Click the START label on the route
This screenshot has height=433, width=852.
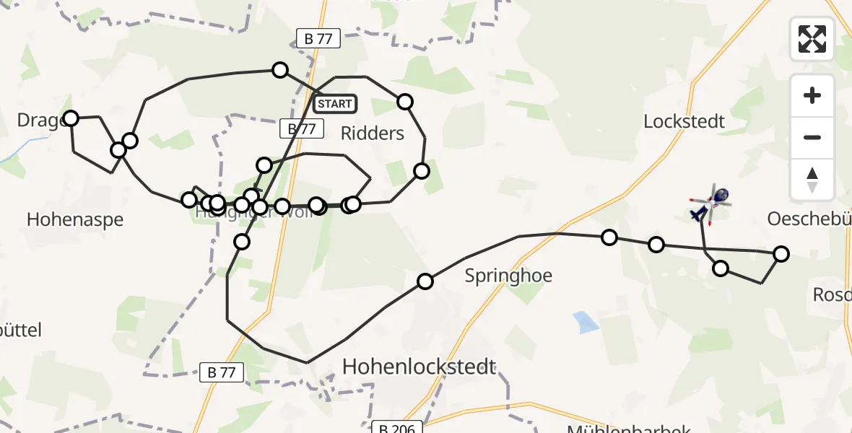pos(335,104)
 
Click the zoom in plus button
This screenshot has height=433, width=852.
pos(812,95)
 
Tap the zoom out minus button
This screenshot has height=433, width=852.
pos(812,137)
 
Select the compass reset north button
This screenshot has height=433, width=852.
pos(812,180)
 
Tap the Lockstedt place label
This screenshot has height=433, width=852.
pos(684,121)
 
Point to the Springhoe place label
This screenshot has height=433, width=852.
pos(508,276)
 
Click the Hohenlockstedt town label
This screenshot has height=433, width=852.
pos(419,367)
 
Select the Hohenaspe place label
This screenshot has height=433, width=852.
pos(75,219)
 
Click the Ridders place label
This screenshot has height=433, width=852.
pos(372,133)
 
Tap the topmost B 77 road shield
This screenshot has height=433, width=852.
pos(318,39)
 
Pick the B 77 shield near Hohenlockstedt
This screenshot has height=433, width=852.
pos(222,372)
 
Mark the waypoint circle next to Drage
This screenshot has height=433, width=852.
pos(71,118)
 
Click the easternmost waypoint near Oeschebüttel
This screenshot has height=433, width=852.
pos(781,253)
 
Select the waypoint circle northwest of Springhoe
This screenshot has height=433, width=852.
pos(425,281)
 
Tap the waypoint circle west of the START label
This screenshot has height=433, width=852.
pos(279,70)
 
